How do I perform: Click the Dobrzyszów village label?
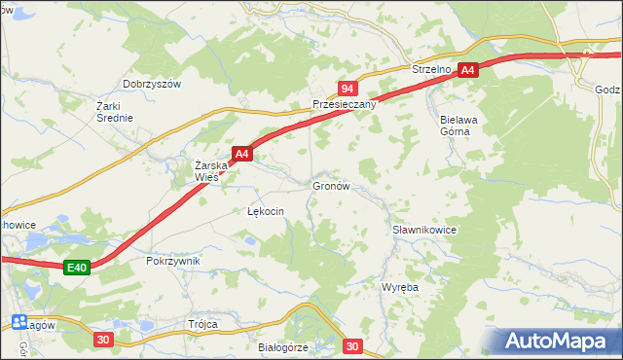[x=153, y=84]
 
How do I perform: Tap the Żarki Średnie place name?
[x=114, y=111]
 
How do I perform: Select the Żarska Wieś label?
[x=211, y=171]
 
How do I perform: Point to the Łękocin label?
[x=265, y=210]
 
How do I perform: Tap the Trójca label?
[x=202, y=324]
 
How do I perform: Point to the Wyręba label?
[x=399, y=288]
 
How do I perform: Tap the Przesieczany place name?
[x=344, y=104]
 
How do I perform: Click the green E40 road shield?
[x=78, y=268]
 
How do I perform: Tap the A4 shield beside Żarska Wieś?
[x=242, y=154]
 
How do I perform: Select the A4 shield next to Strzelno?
[x=467, y=70]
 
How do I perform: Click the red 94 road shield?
[x=347, y=88]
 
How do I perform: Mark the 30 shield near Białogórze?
[x=352, y=345]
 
